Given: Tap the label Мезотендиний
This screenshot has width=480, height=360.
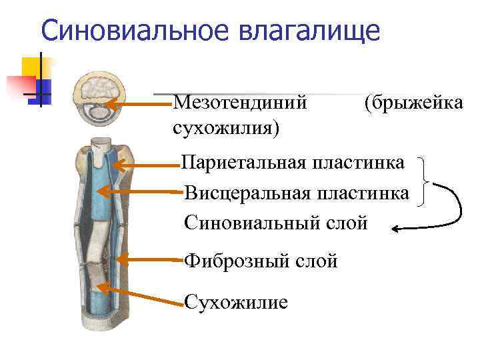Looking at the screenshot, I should pos(240,103).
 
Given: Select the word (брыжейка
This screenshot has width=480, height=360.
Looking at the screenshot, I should pos(413,103).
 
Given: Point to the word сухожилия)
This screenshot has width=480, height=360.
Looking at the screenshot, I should pos(226,127).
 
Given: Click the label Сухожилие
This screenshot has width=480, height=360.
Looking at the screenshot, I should pos(236,303).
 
